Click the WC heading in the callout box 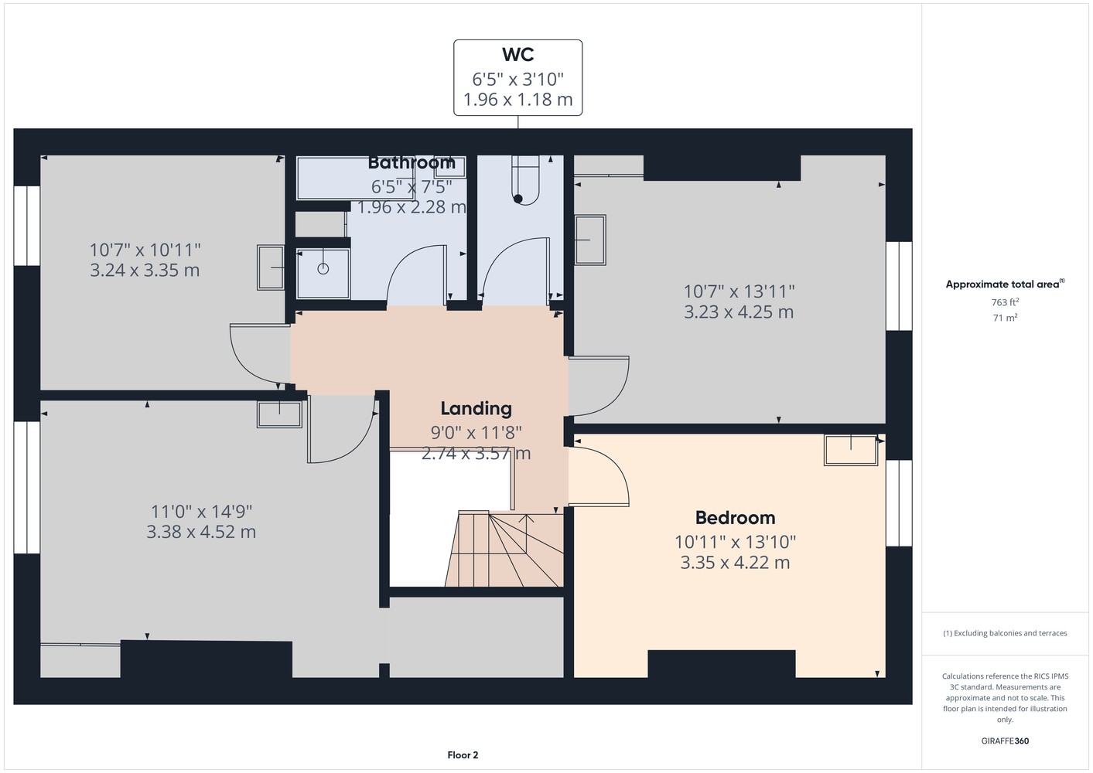pos(517,55)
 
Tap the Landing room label pos(476,409)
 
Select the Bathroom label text pos(412,163)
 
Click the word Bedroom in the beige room pos(735,517)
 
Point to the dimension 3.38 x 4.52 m pos(201,532)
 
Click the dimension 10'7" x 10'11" pos(145,250)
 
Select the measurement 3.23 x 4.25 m pos(739,312)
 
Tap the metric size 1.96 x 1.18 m pos(517,100)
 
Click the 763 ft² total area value pos(1005,302)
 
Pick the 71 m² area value pos(1005,318)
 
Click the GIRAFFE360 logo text pos(1005,741)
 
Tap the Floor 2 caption pos(463,755)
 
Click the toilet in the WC pos(525,180)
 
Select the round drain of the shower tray pos(323,268)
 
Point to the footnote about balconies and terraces pos(1005,633)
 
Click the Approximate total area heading pos(1005,284)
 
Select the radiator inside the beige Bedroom pos(851,450)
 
